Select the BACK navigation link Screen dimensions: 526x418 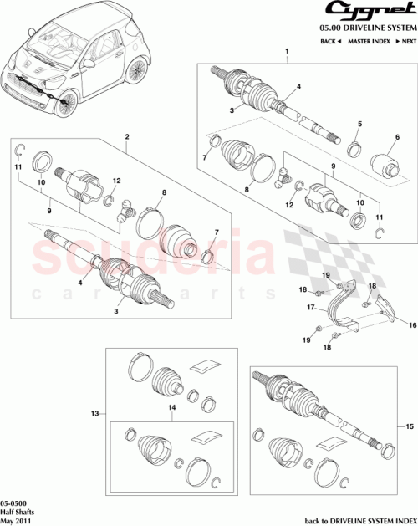[332, 40]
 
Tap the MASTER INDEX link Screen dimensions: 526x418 [370, 40]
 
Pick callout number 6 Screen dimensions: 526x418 [396, 137]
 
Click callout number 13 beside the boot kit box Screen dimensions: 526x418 [95, 413]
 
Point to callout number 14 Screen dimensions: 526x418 [171, 407]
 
